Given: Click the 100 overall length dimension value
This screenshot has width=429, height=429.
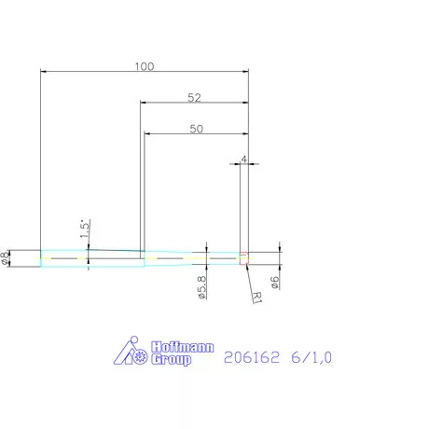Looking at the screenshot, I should tap(144, 66).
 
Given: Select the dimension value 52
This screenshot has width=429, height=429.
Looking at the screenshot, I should tap(194, 98).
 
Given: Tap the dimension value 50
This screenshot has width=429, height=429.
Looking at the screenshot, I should tap(196, 130).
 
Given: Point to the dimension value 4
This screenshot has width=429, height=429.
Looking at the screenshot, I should tap(243, 159).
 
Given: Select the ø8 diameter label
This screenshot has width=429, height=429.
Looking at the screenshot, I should tap(7, 258).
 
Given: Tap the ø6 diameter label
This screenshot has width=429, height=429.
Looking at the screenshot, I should tap(275, 281).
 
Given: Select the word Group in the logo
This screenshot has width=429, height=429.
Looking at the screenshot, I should tap(171, 360).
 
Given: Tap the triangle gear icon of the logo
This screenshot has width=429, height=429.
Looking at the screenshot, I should tap(129, 353).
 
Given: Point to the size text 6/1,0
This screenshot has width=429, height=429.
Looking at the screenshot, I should tap(311, 356).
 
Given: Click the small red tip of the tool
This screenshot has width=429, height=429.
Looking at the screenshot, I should tap(244, 258).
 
